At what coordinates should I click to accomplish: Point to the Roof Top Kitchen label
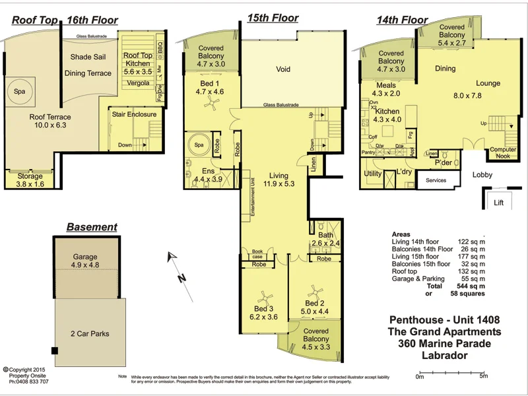tap(138, 61)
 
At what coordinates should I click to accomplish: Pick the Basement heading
tap(92, 227)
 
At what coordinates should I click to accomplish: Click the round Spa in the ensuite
tap(197, 145)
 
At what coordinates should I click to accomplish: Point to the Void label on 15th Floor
tap(283, 69)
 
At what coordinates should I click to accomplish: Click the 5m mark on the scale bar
tap(483, 377)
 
